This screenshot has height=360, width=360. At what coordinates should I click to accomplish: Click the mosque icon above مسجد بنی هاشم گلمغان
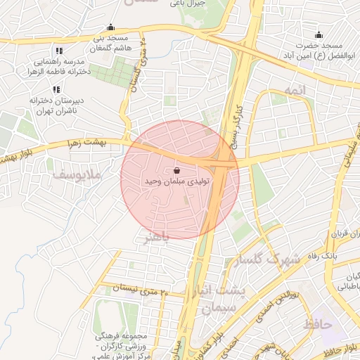point(110,27)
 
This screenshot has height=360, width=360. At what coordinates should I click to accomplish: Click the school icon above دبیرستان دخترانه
point(56,89)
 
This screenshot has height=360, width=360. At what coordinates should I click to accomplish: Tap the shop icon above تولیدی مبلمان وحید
point(176,170)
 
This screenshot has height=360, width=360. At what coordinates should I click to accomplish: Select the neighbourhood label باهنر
point(156,238)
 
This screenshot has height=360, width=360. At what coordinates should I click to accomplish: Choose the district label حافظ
point(318,324)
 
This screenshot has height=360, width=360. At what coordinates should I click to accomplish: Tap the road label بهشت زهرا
point(103,142)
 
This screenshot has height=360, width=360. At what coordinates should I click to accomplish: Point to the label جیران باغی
point(187,4)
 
